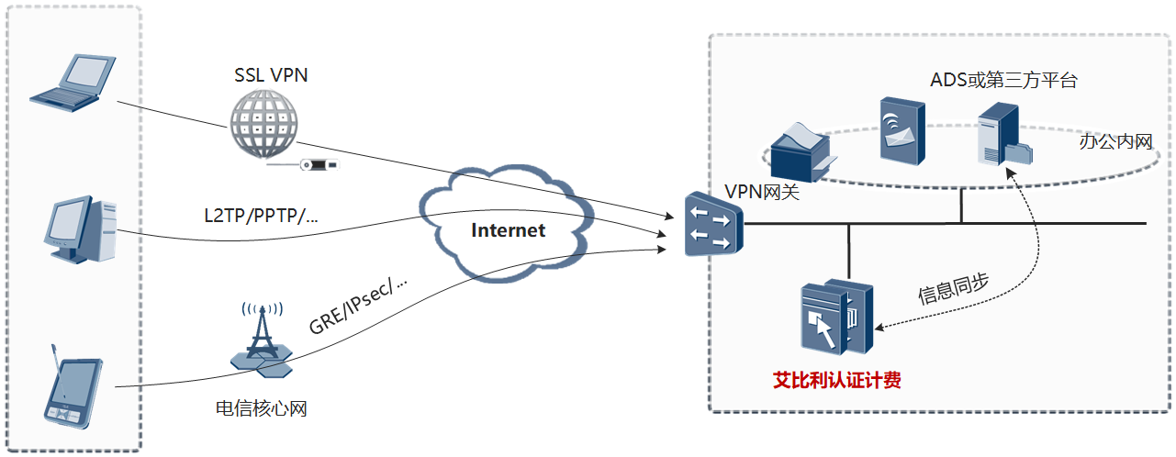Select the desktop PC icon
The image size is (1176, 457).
(82, 229)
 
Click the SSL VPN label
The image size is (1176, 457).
(271, 75)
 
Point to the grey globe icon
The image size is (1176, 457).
(263, 127)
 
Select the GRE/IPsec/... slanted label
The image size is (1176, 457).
(358, 307)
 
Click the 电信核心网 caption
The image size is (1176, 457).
(261, 408)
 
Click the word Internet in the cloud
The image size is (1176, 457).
(508, 230)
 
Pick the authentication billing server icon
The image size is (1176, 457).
(834, 317)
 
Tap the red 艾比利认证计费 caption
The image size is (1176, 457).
(836, 380)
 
